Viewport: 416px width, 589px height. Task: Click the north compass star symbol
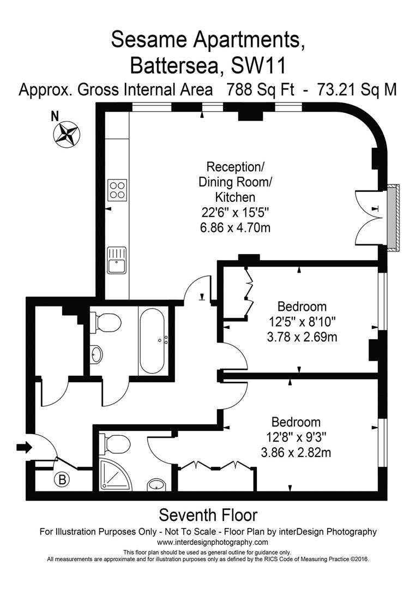point(67,134)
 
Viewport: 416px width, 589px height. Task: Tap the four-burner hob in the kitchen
point(118,189)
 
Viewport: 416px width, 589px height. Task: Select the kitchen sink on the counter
point(117,260)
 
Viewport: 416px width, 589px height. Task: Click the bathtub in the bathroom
point(152,341)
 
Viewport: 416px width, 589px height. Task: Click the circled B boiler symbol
point(62,480)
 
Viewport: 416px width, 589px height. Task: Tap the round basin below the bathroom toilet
point(96,354)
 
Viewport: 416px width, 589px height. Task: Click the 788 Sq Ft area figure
point(260,90)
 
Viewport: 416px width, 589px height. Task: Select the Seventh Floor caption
point(208,515)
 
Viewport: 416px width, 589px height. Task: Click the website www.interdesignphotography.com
point(213,542)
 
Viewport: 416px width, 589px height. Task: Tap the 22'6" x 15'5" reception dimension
point(236,213)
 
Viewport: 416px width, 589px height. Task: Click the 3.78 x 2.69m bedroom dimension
point(302,337)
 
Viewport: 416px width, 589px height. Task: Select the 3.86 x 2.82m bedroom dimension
point(296,452)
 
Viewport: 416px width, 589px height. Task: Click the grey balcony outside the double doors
point(393,217)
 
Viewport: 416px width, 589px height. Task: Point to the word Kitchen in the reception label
point(236,197)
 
